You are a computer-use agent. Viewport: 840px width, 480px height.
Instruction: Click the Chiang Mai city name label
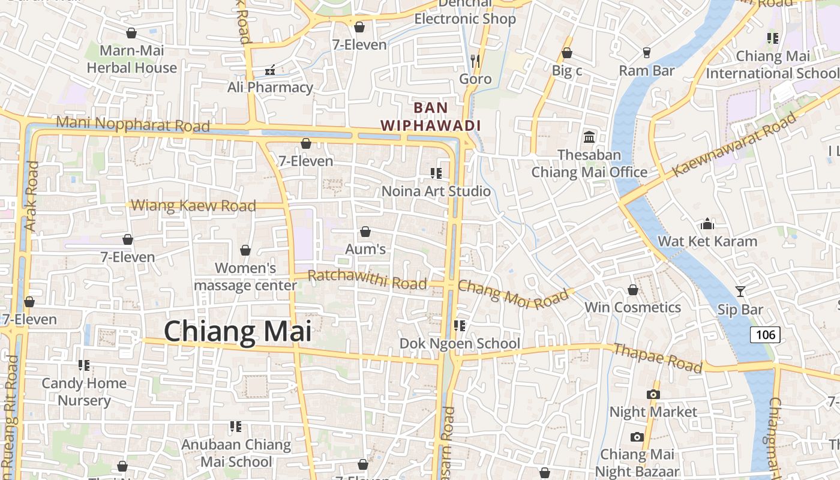[238, 332]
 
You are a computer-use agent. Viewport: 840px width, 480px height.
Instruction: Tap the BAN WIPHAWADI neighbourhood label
[431, 116]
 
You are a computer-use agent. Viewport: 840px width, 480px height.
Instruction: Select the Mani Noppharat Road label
[133, 124]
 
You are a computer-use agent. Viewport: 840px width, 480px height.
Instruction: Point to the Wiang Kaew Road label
[193, 206]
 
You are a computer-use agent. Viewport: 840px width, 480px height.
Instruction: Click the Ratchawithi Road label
[367, 279]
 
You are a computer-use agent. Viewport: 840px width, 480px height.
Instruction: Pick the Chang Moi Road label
[513, 294]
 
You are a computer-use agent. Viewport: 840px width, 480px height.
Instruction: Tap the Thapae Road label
[658, 358]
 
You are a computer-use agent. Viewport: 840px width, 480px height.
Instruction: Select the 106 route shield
[765, 334]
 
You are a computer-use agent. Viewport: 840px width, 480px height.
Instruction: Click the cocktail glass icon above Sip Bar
[740, 292]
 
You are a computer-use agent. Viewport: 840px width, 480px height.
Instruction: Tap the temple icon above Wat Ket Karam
[707, 224]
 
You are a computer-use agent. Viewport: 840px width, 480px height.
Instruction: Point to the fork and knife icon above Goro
[475, 61]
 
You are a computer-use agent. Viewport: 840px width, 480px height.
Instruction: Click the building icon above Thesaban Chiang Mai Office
[589, 137]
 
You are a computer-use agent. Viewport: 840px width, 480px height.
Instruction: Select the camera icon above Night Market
[653, 394]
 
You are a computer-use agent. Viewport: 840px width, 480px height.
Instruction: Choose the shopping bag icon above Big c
[566, 53]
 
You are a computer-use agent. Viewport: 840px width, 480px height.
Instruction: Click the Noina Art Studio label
[436, 191]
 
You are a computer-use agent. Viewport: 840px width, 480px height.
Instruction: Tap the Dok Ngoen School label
[460, 344]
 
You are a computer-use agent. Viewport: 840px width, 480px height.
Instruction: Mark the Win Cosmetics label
[632, 308]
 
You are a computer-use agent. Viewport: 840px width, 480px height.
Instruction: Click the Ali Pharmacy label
[270, 88]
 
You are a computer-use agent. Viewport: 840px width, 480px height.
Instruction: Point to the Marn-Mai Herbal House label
[132, 59]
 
